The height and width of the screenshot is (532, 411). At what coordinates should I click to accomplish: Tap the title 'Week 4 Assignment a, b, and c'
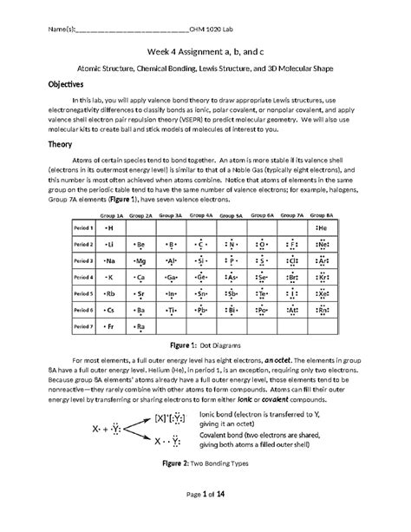coord(205,50)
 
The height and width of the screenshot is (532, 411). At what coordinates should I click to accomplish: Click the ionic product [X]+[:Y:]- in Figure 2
coord(169,442)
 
